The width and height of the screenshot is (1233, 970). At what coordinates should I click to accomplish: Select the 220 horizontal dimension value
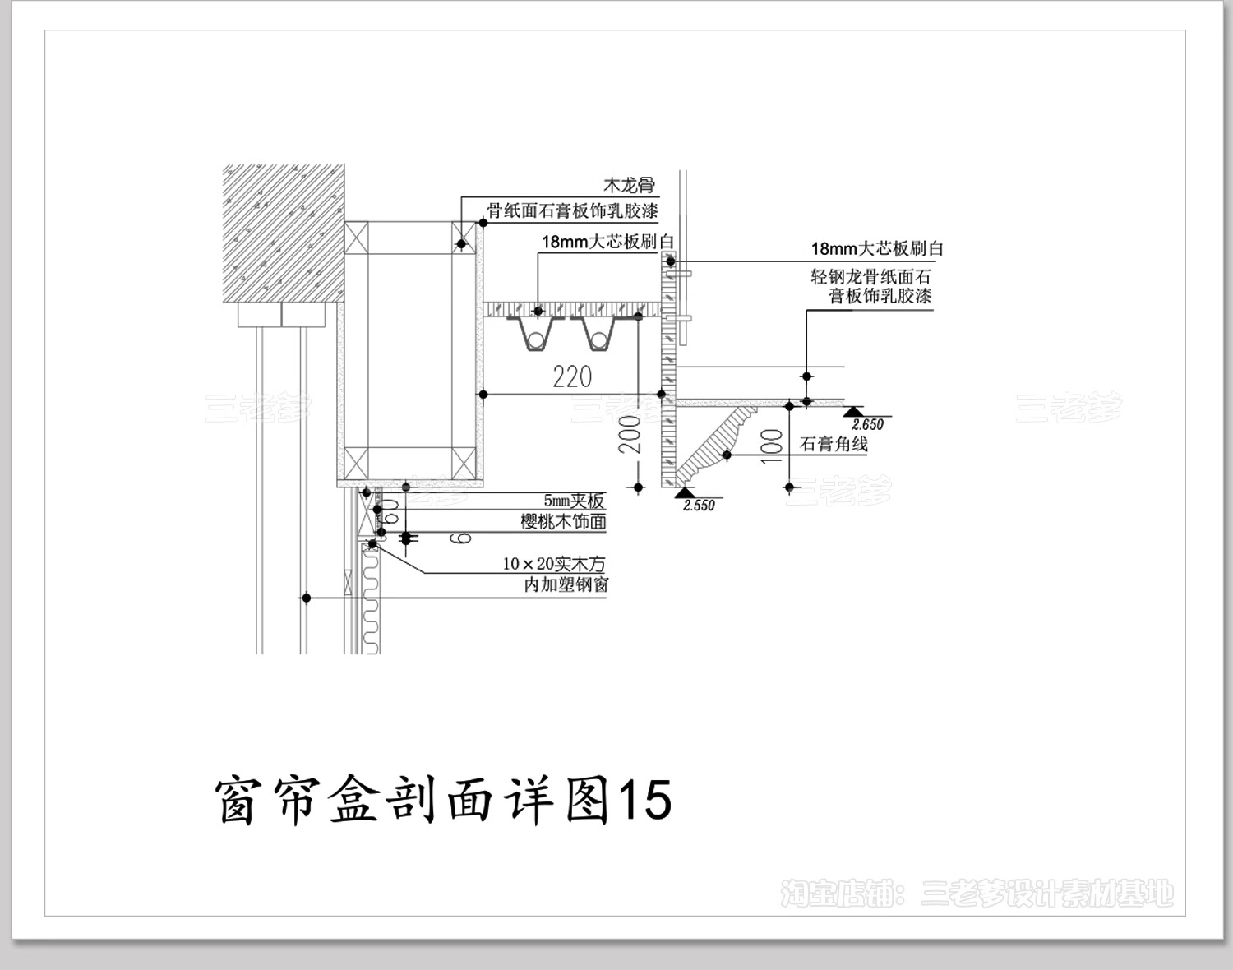click(572, 377)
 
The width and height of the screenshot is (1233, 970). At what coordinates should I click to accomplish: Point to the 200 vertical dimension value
click(630, 434)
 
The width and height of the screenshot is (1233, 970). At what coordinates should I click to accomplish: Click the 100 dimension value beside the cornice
click(772, 446)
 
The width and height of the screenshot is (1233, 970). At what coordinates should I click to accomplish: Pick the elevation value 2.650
click(867, 425)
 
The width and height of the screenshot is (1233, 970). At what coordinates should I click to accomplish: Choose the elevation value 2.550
click(699, 506)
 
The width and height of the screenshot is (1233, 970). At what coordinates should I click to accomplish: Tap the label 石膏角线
click(834, 445)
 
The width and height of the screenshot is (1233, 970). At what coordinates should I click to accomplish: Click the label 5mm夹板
click(573, 501)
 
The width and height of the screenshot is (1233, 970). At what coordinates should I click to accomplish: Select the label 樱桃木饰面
click(563, 521)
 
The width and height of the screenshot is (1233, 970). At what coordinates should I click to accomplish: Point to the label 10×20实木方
click(553, 564)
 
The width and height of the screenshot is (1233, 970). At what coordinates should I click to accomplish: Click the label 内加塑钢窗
click(566, 584)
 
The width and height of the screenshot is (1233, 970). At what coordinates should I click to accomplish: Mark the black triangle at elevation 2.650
click(855, 410)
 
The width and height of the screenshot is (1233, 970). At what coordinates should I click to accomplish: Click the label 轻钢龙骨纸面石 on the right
click(870, 277)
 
